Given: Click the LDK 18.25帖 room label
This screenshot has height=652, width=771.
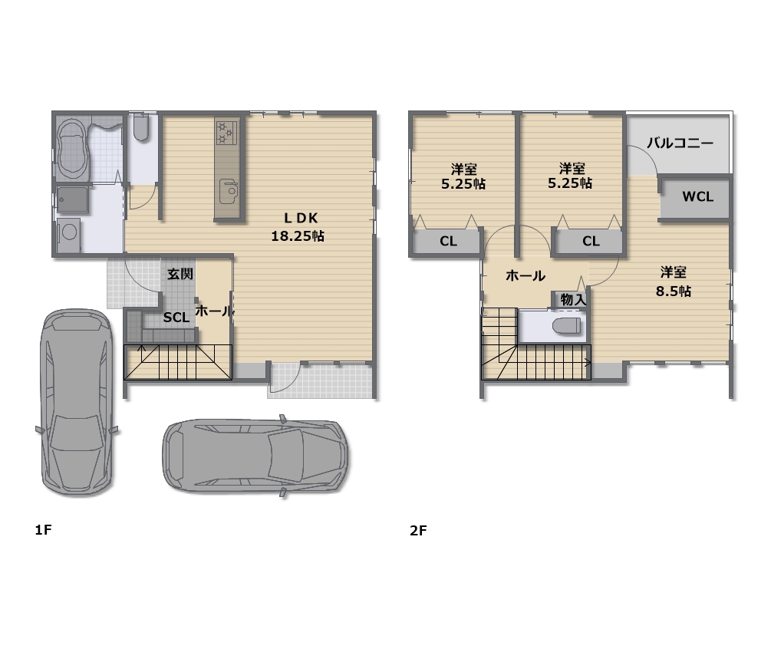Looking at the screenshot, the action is click(x=298, y=227).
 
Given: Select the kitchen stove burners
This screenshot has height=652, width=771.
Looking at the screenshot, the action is click(x=226, y=132).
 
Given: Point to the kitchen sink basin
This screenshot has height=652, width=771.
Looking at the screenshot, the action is click(x=228, y=190).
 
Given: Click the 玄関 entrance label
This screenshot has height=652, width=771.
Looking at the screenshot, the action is click(x=180, y=274).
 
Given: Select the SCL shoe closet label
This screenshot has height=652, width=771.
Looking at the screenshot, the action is click(x=176, y=318).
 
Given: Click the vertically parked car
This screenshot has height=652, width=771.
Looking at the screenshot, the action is click(x=77, y=402).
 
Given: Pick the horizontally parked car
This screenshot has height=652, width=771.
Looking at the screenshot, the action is click(x=255, y=456).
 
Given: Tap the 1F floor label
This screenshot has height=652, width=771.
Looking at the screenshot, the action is click(x=43, y=529).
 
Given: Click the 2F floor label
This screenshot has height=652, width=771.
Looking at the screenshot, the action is click(x=418, y=531).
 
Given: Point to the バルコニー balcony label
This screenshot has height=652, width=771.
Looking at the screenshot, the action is click(x=680, y=143).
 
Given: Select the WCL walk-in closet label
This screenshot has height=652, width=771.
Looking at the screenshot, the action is click(x=697, y=196).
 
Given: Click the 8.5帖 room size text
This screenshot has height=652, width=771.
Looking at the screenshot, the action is click(x=673, y=291).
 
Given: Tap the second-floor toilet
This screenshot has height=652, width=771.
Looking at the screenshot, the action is click(x=566, y=325).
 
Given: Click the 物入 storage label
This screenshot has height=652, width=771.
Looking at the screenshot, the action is click(x=573, y=299).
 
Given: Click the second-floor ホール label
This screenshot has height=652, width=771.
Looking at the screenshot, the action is click(x=526, y=276).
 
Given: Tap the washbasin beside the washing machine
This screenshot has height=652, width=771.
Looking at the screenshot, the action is click(x=72, y=199).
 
